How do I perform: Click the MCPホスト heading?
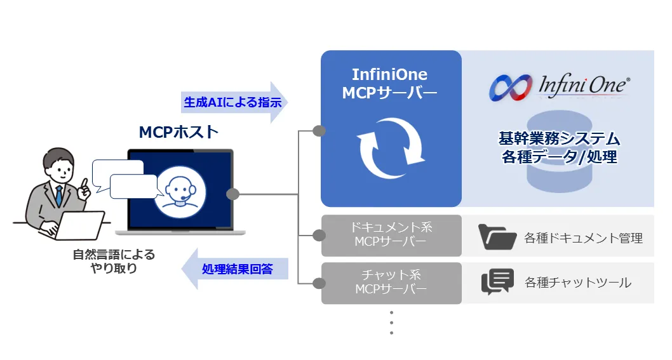(178, 132)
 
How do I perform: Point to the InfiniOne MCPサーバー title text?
(389, 83)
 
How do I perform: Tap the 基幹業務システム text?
(558, 138)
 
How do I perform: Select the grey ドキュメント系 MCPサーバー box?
(391, 235)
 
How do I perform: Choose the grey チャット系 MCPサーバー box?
(391, 283)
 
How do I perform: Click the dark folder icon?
(497, 236)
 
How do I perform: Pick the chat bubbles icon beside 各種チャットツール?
(497, 283)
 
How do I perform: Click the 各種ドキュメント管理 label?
(583, 238)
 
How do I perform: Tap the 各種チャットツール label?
(578, 283)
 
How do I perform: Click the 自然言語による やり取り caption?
(114, 261)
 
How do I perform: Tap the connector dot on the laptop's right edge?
(233, 194)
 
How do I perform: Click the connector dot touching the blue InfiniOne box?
(319, 131)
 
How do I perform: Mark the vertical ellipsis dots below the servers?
(391, 322)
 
